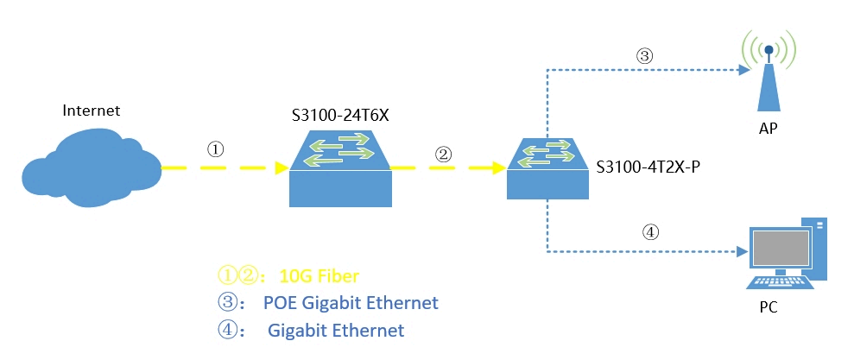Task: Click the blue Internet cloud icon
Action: pos(90,165)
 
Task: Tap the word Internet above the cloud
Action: pos(92,111)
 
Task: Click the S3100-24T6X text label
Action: pos(341,115)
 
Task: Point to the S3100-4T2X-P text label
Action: pos(648,166)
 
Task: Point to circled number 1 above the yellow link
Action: pos(216,148)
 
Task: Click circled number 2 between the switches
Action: pos(443,155)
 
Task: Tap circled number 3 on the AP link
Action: pos(643,56)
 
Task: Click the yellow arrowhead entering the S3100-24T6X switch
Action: pos(281,167)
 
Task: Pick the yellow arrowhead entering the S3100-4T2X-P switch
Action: pos(498,167)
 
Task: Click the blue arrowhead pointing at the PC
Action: pos(741,253)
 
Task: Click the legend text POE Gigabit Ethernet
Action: pos(351,303)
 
